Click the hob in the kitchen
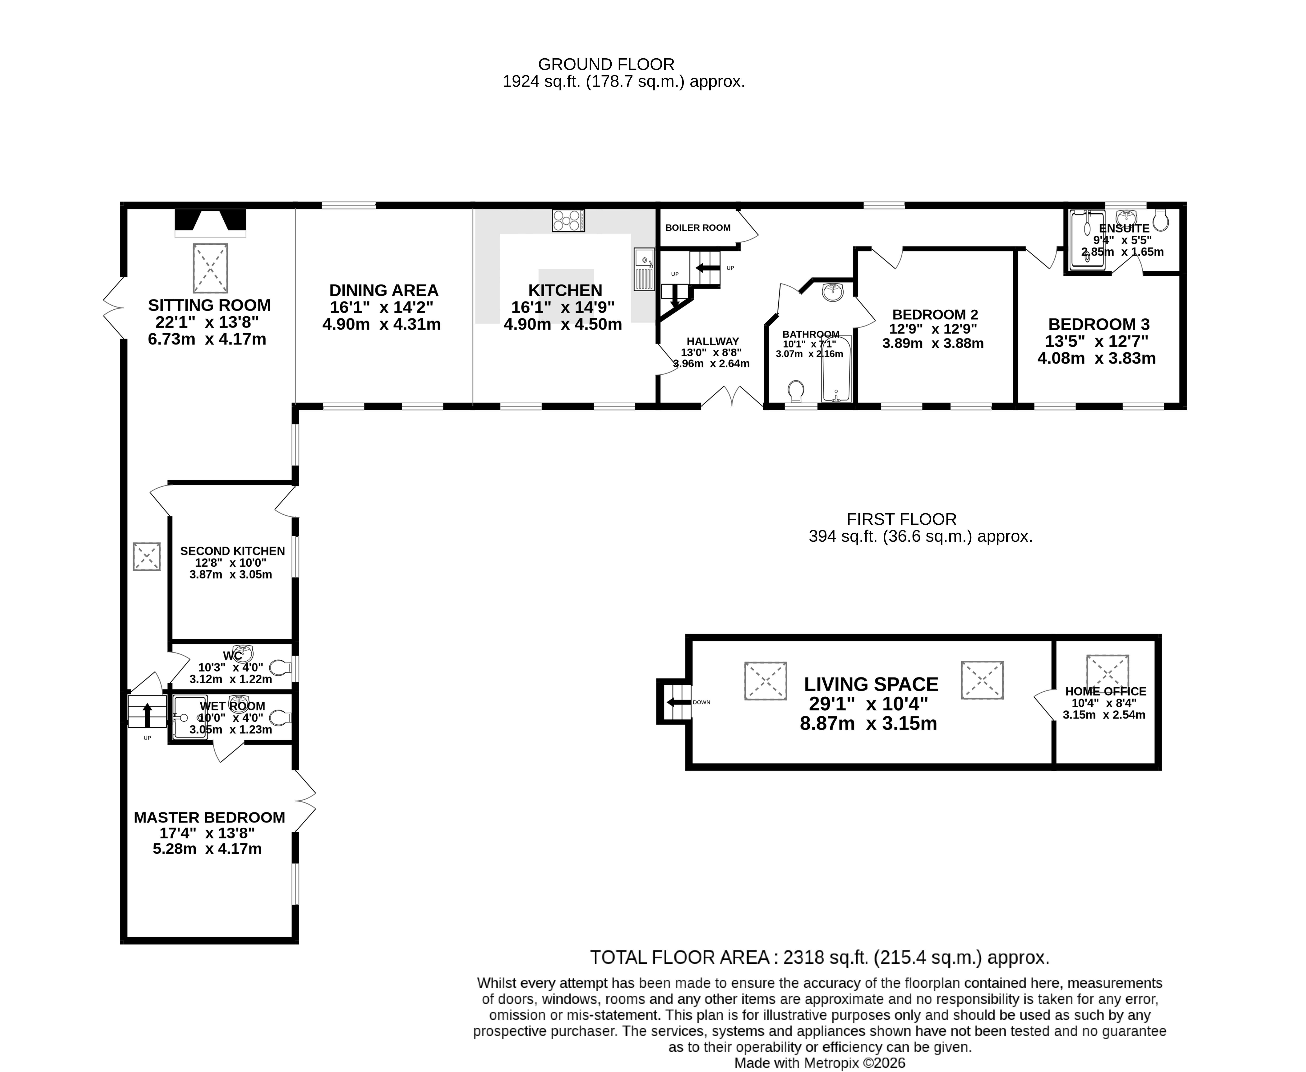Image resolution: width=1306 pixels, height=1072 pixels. click(x=568, y=220)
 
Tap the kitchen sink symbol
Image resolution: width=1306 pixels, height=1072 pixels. click(x=644, y=269)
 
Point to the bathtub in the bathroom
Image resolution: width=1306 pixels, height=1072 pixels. click(x=836, y=369)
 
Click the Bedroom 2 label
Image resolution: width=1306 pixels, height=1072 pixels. click(x=935, y=315)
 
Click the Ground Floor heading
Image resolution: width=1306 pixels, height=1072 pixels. click(x=606, y=64)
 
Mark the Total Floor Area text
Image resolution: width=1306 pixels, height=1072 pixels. click(x=820, y=958)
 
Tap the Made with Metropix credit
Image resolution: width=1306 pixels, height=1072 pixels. click(x=820, y=1063)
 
